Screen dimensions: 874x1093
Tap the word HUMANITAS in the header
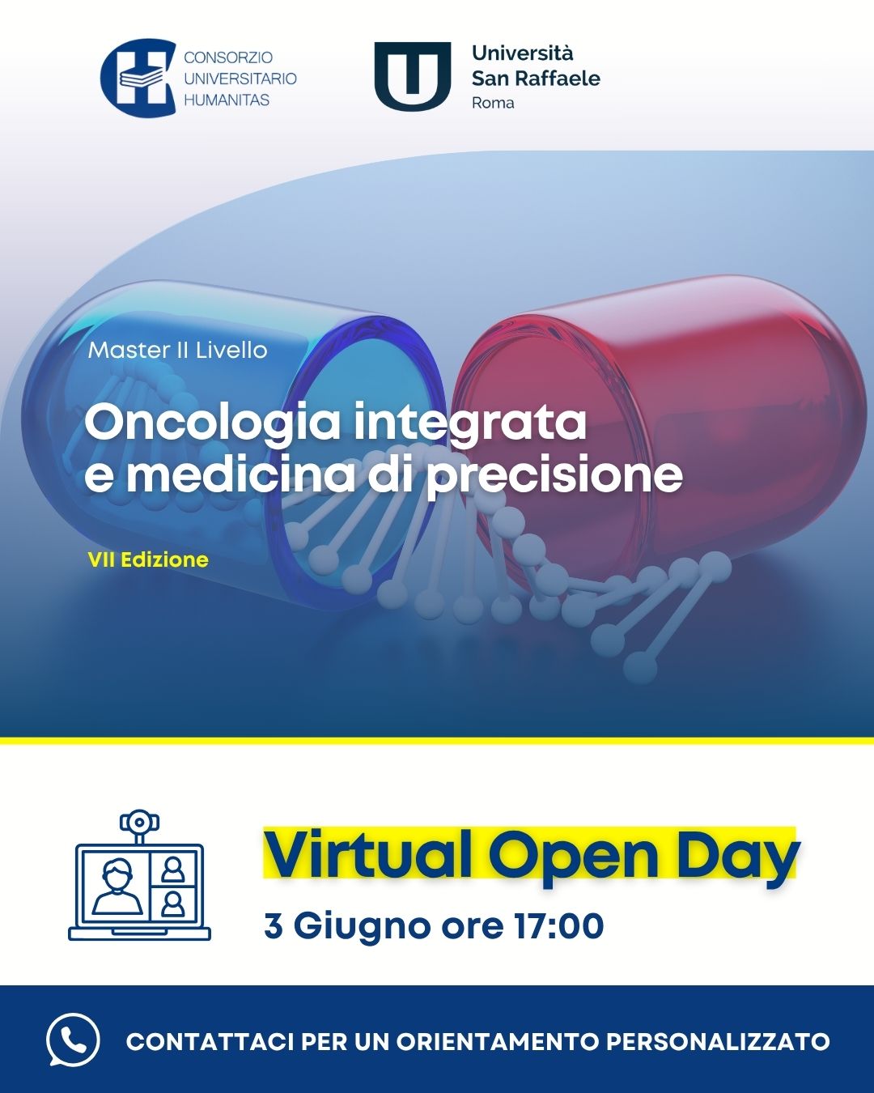(227, 100)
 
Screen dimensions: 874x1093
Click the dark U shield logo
(413, 77)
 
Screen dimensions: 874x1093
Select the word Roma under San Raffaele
(493, 103)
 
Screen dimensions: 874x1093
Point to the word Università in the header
(523, 53)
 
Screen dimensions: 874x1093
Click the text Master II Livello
(178, 351)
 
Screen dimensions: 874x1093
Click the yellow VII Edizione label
(148, 559)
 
